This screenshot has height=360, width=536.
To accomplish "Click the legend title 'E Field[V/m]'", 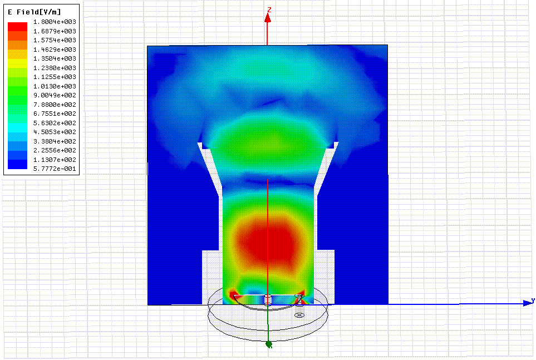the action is [x=34, y=12].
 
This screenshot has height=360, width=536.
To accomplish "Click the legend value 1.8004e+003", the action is [x=55, y=22].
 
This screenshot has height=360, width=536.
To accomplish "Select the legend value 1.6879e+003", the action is [x=55, y=31].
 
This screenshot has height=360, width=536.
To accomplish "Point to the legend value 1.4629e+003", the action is [x=55, y=50].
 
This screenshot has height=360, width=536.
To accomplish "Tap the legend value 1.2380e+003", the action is [x=55, y=68].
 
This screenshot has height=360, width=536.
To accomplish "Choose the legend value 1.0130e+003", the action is [x=55, y=86].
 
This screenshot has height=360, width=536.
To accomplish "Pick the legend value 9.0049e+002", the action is [x=55, y=95].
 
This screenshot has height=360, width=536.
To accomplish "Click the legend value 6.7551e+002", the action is [x=55, y=114].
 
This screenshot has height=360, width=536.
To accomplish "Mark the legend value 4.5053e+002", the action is [x=55, y=132].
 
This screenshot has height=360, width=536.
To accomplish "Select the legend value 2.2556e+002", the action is [x=55, y=150].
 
